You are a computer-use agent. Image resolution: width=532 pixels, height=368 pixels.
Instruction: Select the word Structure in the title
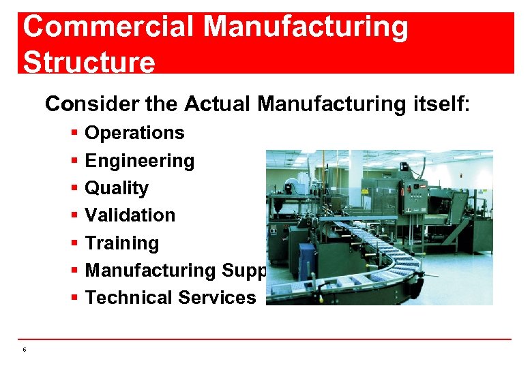pos(89,62)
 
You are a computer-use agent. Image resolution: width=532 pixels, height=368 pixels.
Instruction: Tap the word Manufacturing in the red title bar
pos(306,28)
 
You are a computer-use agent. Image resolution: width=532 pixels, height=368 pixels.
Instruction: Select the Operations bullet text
pos(134,133)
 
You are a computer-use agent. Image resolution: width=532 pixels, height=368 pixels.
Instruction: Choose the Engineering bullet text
pos(139,161)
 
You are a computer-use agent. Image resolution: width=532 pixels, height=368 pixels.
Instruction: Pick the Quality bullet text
pos(117,188)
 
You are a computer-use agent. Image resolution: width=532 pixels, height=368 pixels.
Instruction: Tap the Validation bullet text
pos(130,215)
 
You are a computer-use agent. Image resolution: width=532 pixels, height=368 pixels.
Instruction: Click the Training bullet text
pos(121,243)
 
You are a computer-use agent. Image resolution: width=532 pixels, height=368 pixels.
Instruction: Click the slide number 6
pos(24,350)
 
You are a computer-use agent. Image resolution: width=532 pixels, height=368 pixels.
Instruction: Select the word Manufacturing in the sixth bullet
pos(150,271)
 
